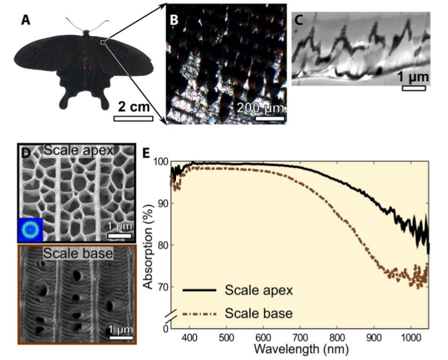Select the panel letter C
pos(298,20)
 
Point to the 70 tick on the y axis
pos(162,287)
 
